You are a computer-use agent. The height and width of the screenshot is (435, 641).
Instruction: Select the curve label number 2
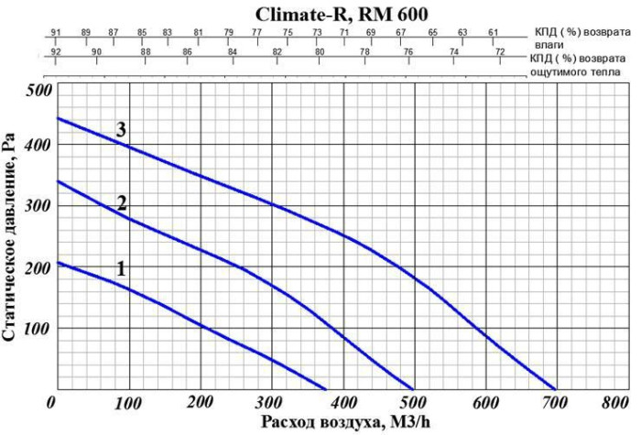tap(121, 203)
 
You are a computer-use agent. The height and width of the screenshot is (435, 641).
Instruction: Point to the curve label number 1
tap(120, 268)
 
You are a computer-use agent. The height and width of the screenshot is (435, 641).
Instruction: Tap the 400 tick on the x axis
tap(342, 403)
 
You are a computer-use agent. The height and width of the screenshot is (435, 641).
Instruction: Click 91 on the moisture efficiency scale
tap(55, 33)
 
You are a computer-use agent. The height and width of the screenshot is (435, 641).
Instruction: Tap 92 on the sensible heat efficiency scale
tap(55, 51)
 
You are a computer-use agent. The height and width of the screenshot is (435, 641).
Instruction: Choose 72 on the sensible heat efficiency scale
tap(499, 51)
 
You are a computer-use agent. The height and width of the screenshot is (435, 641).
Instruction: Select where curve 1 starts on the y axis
tap(57, 263)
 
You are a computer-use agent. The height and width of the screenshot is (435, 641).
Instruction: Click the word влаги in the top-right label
tap(543, 43)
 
